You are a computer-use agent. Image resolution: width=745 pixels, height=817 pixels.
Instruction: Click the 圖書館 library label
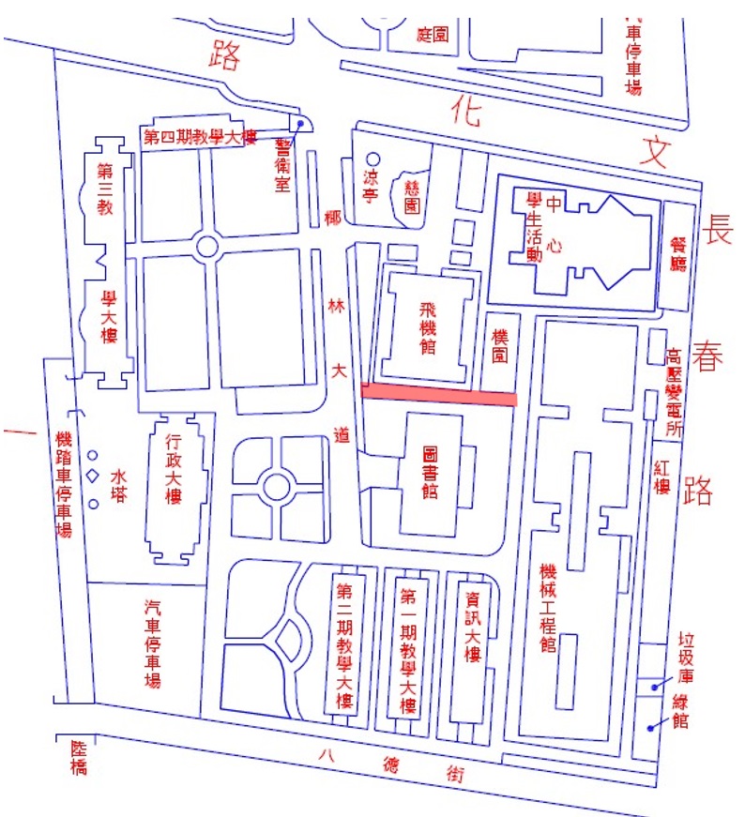pos(431,471)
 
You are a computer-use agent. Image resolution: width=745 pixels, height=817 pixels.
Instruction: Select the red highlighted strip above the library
pos(438,396)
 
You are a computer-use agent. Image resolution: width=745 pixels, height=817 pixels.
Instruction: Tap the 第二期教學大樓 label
pos(344,647)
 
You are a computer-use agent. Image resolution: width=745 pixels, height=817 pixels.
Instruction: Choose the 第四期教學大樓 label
pos(200,137)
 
